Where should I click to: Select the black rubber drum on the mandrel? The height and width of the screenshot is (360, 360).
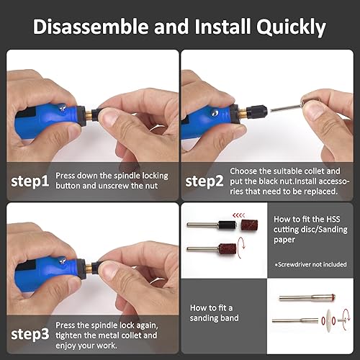[x=225, y=225]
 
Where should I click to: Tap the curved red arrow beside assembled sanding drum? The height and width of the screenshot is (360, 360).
[x=251, y=251]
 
